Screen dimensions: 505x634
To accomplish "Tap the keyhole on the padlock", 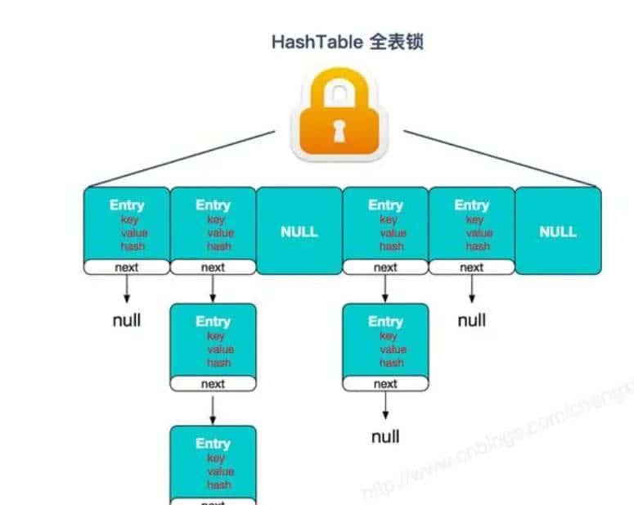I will (339, 129).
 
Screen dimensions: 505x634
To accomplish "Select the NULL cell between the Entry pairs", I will (299, 232).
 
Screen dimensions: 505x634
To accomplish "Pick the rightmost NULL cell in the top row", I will (558, 232).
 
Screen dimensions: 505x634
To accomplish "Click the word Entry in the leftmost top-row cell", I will (127, 205).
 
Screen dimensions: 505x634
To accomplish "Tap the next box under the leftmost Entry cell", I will (127, 268).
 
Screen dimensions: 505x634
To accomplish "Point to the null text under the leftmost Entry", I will (127, 320).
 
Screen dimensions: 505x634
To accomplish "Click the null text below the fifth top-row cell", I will (472, 320).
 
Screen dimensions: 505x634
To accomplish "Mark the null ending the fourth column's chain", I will (385, 436).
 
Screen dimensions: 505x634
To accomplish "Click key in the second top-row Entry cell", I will (216, 219).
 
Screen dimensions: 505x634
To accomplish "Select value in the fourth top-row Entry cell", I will (393, 232).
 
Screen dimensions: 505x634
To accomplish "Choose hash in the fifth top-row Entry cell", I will (478, 246).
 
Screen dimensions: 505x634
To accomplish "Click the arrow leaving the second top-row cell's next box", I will (213, 288).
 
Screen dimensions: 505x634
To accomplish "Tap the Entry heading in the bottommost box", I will (213, 444).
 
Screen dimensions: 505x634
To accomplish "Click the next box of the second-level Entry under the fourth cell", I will (385, 384).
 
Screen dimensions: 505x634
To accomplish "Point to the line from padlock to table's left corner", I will (180, 159).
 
